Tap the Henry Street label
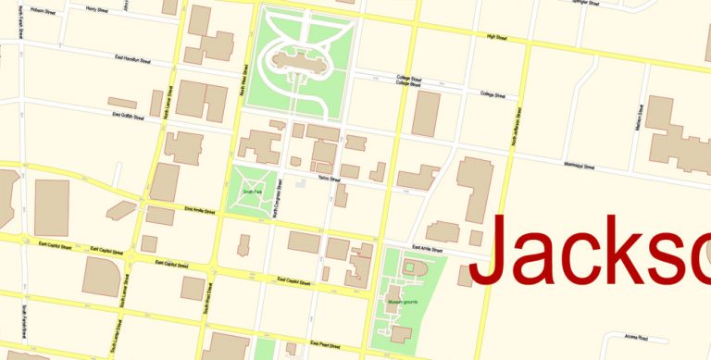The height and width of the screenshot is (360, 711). [96, 9]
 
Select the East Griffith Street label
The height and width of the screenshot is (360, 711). [130, 115]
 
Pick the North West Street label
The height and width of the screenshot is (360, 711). [243, 82]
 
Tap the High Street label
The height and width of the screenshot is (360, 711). [496, 38]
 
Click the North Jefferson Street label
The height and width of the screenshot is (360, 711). [513, 130]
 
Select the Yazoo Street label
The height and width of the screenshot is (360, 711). [323, 178]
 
